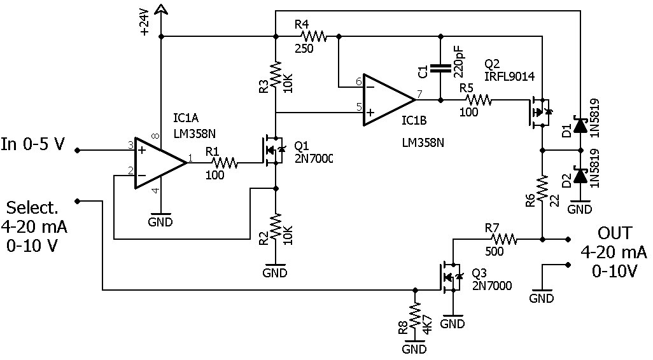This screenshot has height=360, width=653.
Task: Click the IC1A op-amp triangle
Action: click(x=160, y=163)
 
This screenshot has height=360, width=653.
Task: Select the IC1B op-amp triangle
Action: click(x=389, y=100)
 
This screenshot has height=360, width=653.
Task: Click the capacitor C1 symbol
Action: click(x=440, y=69)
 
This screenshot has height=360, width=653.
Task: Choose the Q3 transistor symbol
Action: click(x=451, y=277)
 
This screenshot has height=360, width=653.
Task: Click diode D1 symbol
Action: click(x=580, y=125)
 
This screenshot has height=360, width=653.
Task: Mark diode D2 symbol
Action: click(x=580, y=175)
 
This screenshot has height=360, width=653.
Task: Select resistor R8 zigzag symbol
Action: click(x=414, y=316)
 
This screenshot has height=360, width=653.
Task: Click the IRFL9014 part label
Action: click(x=509, y=76)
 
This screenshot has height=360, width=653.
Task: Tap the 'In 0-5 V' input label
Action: click(x=33, y=144)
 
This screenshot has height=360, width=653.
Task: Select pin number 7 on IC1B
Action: click(x=419, y=94)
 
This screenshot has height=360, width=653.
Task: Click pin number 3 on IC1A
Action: click(x=130, y=145)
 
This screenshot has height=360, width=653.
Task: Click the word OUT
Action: click(x=614, y=233)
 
